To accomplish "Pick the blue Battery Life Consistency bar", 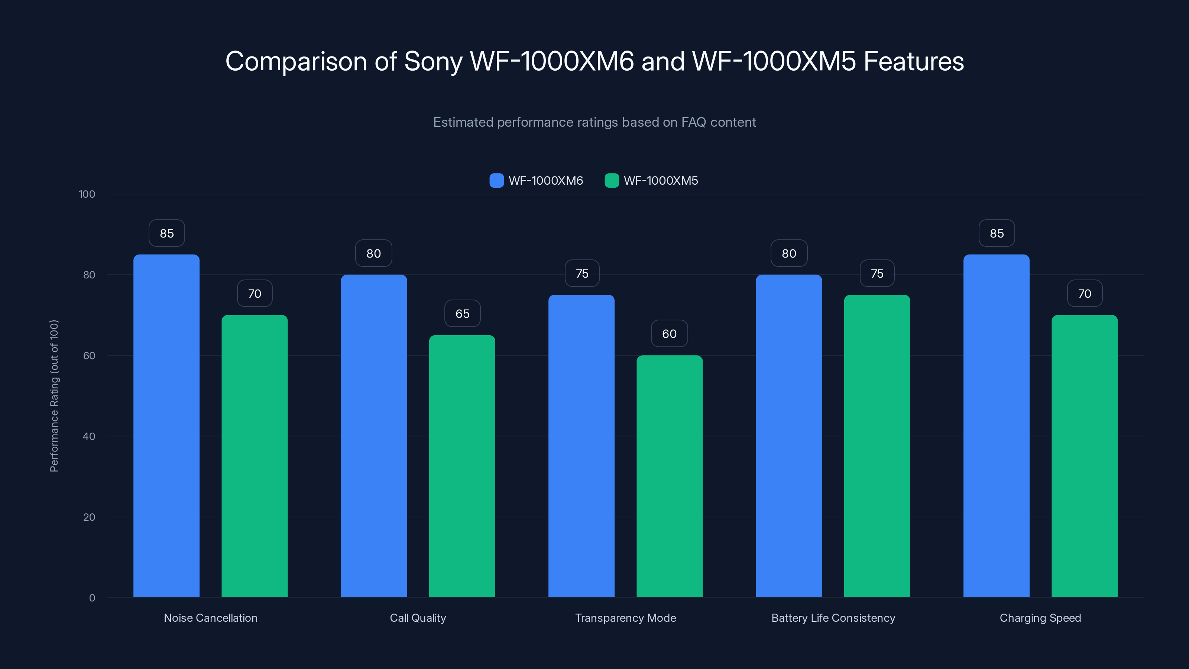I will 789,436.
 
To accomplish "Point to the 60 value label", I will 669,334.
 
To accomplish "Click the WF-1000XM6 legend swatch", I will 496,181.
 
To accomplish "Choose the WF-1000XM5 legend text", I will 661,181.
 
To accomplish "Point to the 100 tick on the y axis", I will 87,194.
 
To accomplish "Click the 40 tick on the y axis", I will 89,436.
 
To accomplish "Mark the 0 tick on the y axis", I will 92,598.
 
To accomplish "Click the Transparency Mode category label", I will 625,618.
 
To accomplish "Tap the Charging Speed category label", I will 1040,618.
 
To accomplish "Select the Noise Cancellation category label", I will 210,618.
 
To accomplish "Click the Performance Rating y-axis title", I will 54,396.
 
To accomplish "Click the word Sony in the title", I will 433,61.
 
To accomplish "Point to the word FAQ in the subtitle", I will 694,122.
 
